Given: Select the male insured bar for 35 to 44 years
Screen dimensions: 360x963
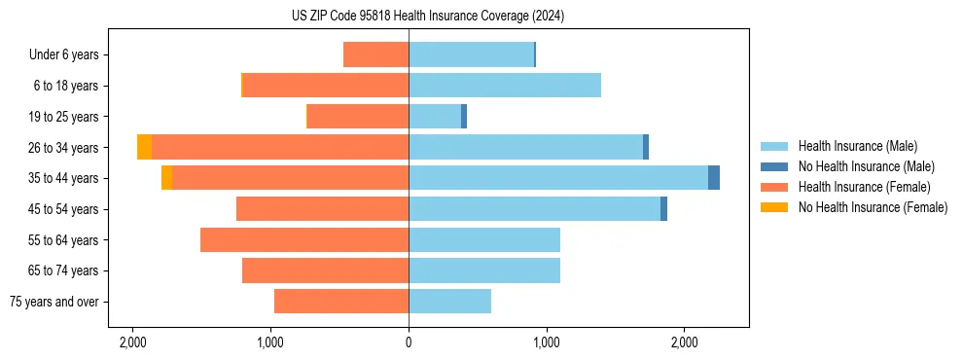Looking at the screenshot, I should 558,178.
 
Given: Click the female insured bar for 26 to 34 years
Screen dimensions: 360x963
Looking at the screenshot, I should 280,147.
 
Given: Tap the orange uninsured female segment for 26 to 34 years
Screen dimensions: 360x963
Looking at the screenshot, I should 144,147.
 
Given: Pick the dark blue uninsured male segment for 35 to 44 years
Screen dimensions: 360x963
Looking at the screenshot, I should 714,178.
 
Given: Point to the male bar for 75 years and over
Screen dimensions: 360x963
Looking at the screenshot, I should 449,302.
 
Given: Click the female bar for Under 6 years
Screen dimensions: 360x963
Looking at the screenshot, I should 375,54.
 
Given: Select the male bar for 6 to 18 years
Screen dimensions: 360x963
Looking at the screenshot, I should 505,86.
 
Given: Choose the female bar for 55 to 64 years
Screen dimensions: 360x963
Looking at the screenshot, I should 304,240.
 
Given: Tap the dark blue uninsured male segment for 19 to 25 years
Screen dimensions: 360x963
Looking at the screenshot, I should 464,117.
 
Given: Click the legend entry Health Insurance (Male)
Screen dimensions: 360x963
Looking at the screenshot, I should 857,147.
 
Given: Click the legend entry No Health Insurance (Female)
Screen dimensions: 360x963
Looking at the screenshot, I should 873,207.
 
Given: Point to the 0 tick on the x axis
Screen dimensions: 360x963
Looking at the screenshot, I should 409,342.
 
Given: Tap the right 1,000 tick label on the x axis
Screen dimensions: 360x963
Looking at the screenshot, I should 547,342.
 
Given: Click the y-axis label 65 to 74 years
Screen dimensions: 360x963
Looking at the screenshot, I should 63,271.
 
